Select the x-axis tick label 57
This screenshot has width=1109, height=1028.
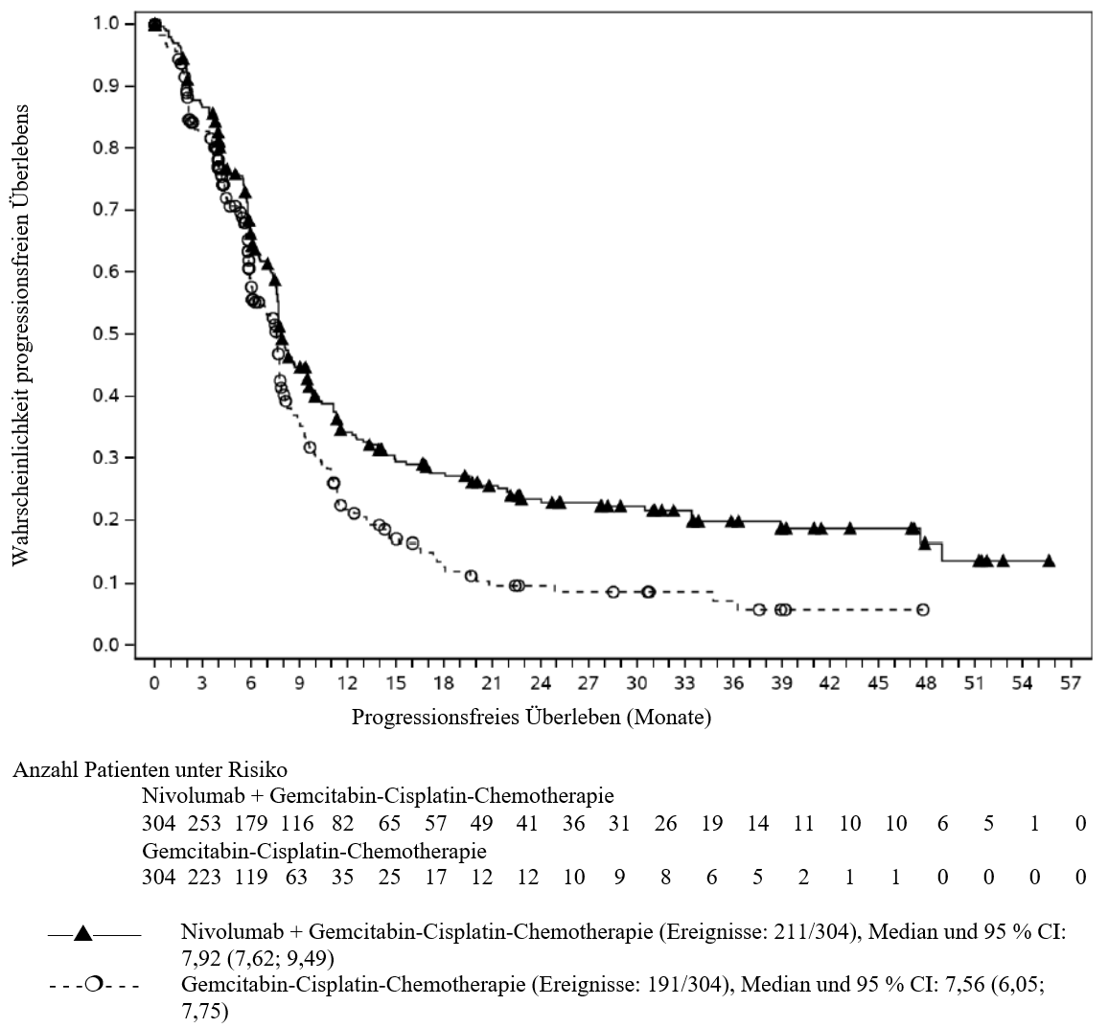click(x=1072, y=683)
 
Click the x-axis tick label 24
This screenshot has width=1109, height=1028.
click(x=541, y=683)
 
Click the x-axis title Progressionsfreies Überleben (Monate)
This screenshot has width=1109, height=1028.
click(x=531, y=718)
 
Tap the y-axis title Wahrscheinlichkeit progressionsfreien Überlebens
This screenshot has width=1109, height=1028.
click(x=20, y=334)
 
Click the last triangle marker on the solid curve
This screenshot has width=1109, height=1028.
click(x=1049, y=560)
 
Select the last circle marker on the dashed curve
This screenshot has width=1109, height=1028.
click(x=923, y=609)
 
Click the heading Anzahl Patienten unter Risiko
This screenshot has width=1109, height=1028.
click(x=150, y=769)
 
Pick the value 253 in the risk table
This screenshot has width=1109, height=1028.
click(x=204, y=824)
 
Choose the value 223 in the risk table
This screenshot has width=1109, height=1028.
click(x=204, y=878)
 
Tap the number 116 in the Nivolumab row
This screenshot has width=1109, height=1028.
click(x=296, y=824)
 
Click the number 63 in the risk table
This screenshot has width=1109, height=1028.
click(x=296, y=878)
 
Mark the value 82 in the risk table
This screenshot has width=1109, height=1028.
click(x=343, y=824)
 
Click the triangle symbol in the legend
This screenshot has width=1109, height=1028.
click(x=82, y=933)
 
